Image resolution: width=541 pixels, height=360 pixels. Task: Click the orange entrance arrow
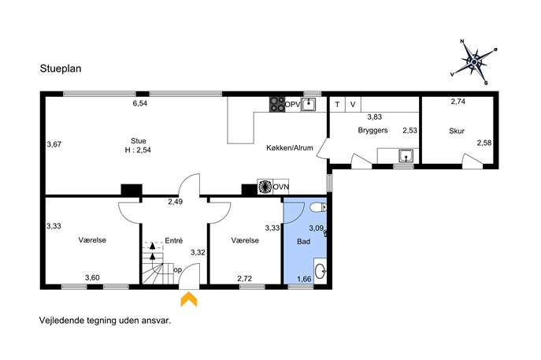(189, 299)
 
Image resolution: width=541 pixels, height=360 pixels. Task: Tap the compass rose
(474, 62)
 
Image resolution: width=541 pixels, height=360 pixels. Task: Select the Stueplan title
(61, 69)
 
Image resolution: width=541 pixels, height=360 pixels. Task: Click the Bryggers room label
(372, 130)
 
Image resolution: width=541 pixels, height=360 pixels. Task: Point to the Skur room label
(457, 131)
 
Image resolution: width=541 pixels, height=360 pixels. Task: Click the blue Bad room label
(303, 241)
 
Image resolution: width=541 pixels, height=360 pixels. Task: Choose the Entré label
(173, 240)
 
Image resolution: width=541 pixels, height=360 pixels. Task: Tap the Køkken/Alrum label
(290, 148)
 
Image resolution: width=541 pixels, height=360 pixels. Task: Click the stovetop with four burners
(277, 104)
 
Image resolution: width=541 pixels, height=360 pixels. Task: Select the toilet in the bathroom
(318, 207)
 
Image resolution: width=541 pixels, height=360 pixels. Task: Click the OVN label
(281, 187)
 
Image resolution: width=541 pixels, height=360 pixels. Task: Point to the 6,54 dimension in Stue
(140, 103)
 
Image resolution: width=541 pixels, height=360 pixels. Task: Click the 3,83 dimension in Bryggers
(374, 117)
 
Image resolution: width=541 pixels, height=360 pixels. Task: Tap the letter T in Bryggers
(337, 104)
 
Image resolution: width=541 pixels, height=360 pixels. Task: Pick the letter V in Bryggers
(353, 104)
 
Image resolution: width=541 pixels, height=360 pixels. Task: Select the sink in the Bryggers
(406, 156)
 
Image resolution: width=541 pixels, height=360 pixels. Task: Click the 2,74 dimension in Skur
(458, 102)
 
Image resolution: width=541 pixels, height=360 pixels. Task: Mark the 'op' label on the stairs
(177, 270)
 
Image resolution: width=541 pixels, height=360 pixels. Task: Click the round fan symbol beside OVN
(265, 187)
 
